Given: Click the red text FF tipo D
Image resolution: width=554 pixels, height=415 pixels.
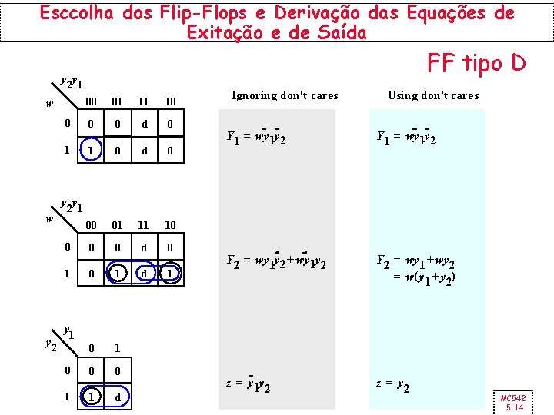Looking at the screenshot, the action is click(476, 63).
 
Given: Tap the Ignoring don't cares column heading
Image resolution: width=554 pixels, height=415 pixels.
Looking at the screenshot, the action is click(284, 95).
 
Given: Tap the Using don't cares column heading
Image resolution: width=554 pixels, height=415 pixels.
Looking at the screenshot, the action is click(432, 95).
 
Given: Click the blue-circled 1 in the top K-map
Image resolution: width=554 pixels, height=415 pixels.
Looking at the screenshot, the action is click(91, 151).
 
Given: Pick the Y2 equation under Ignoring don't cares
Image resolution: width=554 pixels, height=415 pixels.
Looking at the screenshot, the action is click(275, 262).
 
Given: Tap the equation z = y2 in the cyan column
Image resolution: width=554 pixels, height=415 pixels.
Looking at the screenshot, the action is click(392, 387).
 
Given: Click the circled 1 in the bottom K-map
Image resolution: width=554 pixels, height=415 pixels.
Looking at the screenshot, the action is click(91, 397).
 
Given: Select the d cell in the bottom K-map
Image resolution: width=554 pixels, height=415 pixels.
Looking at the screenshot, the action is click(117, 397).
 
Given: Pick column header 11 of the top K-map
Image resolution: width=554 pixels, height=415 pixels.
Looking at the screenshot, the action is click(144, 101).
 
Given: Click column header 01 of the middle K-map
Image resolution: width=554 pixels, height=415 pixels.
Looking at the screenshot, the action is click(117, 225).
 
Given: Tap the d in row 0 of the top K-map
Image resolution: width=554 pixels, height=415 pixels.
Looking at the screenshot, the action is click(144, 124).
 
